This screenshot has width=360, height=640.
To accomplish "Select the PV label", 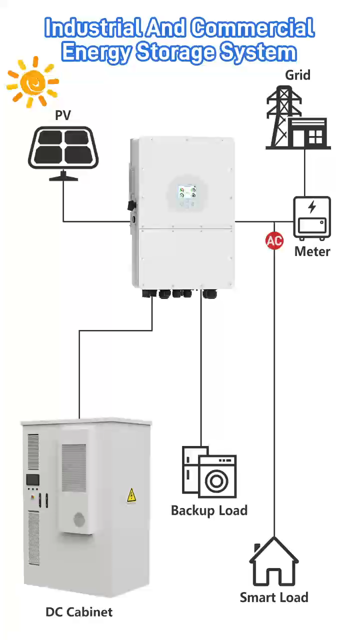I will (63, 115).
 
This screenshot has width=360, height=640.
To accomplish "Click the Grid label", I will (297, 75).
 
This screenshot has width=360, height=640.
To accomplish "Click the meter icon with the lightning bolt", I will (311, 217).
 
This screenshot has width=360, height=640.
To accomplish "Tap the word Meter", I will (312, 251).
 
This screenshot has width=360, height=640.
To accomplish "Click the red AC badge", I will (274, 241).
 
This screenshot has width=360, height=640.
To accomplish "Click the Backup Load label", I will (209, 510).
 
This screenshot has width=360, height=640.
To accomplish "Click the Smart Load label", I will (274, 597).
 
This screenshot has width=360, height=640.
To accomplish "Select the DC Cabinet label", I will (79, 611).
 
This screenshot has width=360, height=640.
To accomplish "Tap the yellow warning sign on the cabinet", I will (131, 495).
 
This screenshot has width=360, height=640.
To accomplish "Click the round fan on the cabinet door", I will (79, 520).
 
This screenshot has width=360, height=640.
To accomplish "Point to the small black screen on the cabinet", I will (33, 480).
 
